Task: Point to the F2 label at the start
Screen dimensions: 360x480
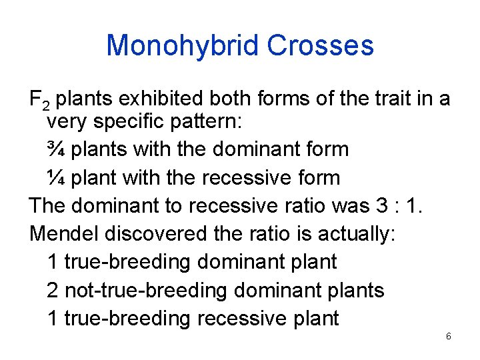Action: [x=39, y=101]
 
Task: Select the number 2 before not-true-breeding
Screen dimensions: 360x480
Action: [x=53, y=290]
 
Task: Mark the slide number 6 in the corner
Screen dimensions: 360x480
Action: [x=448, y=337]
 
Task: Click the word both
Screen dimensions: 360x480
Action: [x=231, y=99]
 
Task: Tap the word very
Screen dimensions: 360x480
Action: [x=66, y=123]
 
